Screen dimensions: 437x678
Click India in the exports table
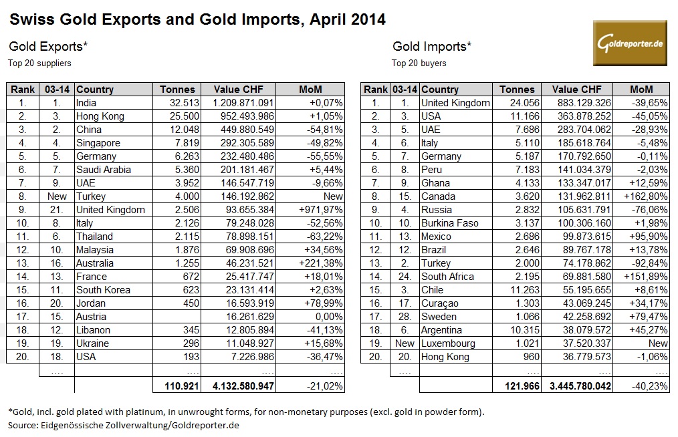[87, 103]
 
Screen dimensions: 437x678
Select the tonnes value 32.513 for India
[177, 103]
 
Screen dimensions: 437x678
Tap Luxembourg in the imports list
[448, 343]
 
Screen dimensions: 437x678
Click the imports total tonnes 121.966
[517, 386]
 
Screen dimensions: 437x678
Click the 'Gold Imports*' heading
[431, 47]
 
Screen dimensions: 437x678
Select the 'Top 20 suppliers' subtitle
[40, 63]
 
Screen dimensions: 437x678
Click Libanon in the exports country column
[94, 330]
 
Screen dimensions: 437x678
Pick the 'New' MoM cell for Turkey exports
[332, 196]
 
